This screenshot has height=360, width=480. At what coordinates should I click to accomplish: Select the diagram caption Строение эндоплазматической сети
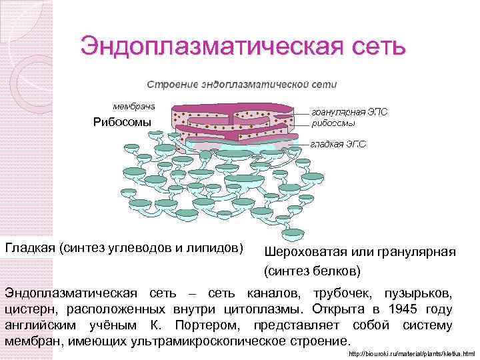click(242, 85)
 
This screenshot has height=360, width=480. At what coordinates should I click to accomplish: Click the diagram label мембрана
click(133, 106)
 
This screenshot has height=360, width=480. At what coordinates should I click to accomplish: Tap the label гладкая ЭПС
click(338, 143)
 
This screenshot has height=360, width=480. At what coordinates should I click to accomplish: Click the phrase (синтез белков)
click(313, 271)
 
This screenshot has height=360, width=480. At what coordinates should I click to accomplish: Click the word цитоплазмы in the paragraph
click(261, 309)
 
